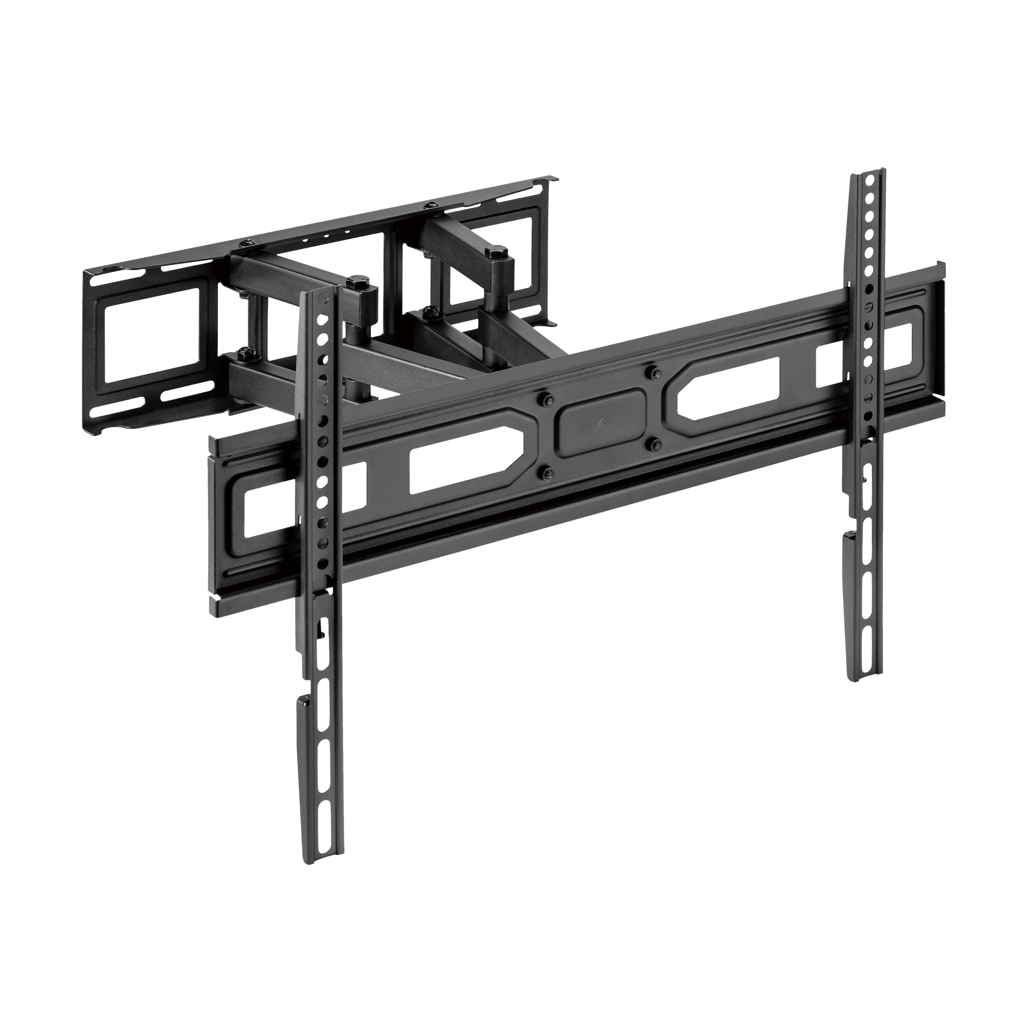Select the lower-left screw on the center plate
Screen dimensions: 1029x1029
coord(547,471)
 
